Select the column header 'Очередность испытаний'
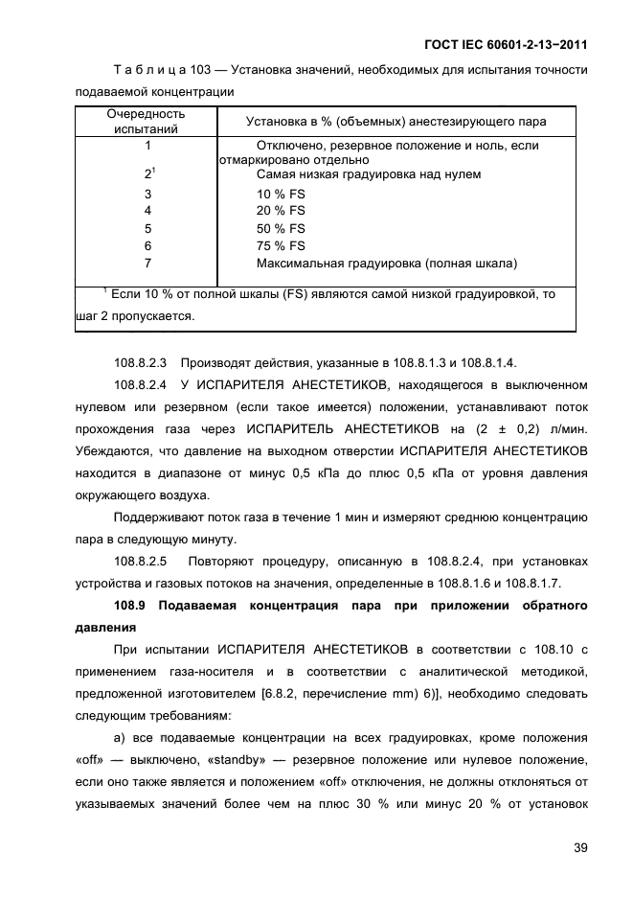pos(147,121)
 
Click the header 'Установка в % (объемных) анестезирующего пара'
pos(396,122)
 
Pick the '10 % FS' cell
pos(281,194)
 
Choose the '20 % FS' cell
pos(281,211)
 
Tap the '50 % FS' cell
pos(281,228)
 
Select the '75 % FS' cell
pos(281,245)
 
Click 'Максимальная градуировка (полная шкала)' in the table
pos(387,263)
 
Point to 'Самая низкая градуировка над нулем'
pos(369,174)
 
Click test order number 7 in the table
pos(147,263)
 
